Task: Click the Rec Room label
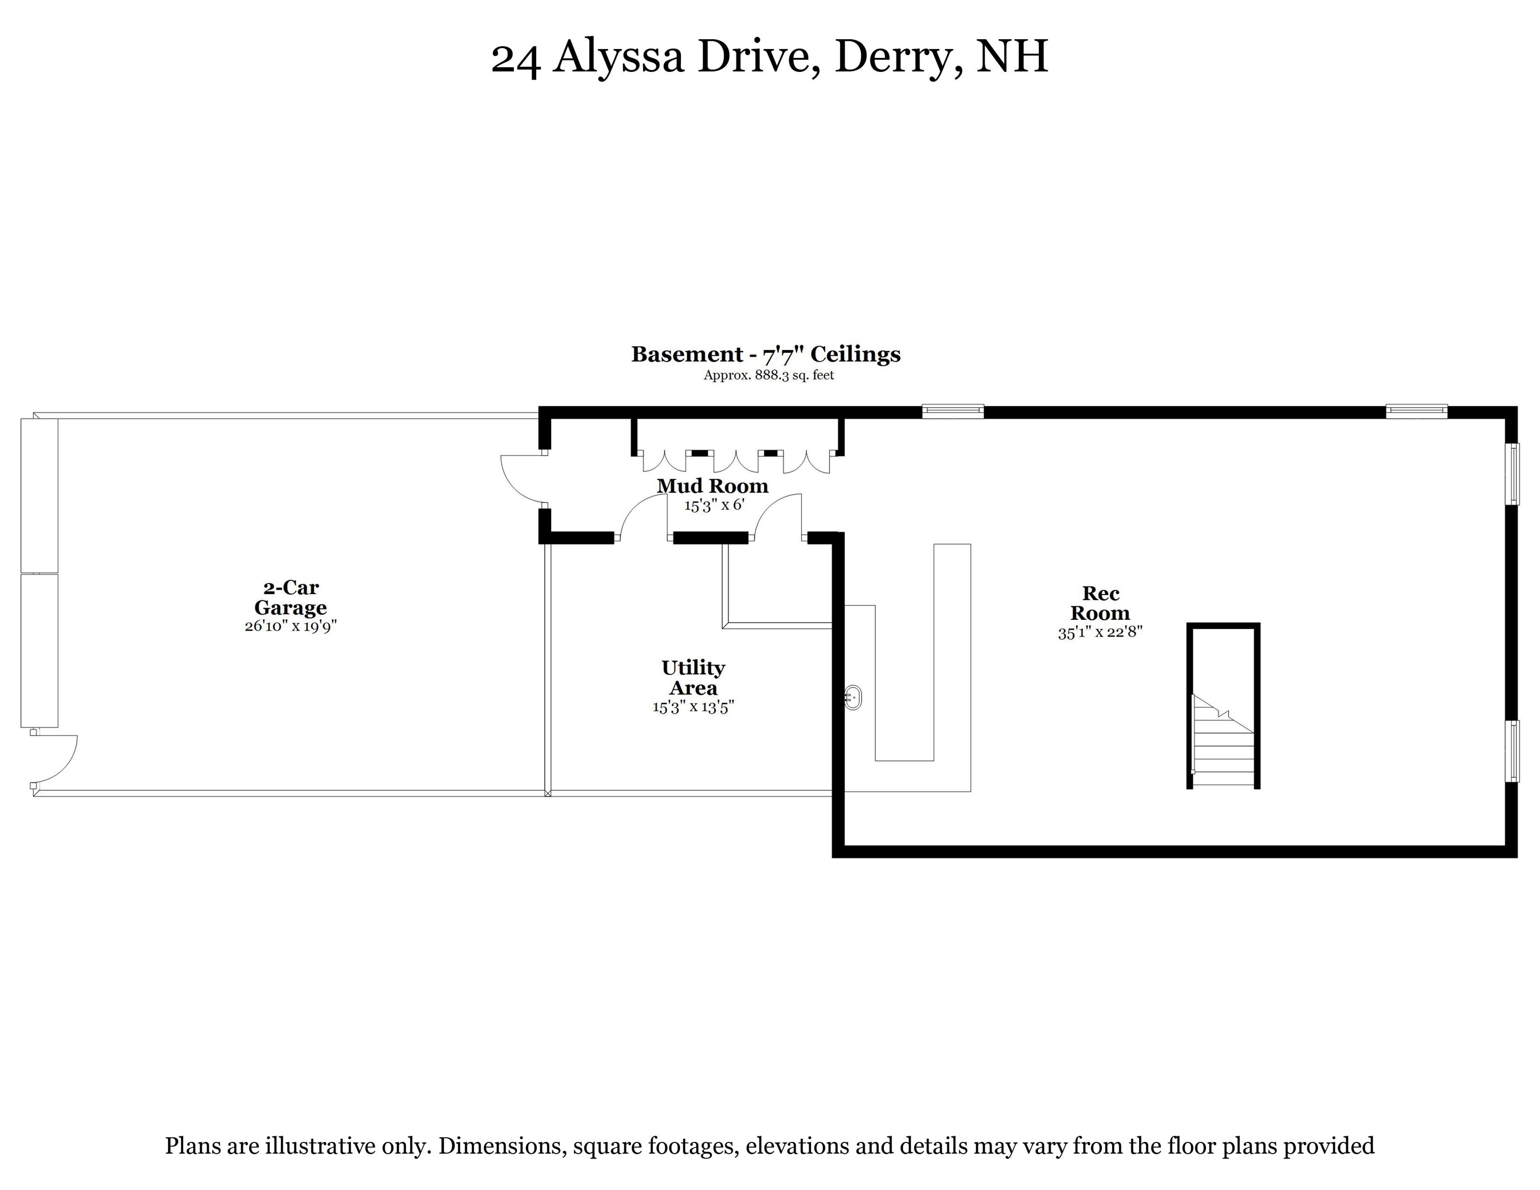[x=1100, y=603]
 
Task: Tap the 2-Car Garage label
[x=290, y=597]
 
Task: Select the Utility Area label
[x=693, y=678]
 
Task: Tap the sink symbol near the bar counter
[x=852, y=697]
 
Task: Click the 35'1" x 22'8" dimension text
[x=1100, y=632]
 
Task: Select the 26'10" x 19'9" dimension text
[x=290, y=626]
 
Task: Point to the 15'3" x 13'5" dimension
[x=693, y=707]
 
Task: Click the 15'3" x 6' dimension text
[x=713, y=505]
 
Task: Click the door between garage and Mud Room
[x=522, y=479]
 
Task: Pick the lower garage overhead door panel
[x=39, y=650]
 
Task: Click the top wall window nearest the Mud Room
[x=953, y=411]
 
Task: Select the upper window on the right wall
[x=1512, y=474]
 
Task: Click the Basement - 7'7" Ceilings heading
[x=766, y=354]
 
